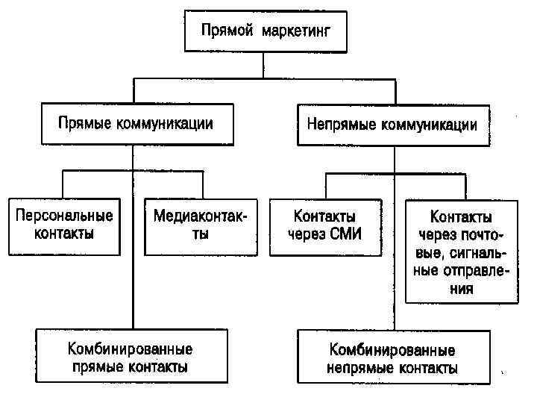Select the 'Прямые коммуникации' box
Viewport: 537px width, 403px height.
click(136, 125)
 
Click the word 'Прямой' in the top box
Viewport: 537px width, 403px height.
click(226, 33)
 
